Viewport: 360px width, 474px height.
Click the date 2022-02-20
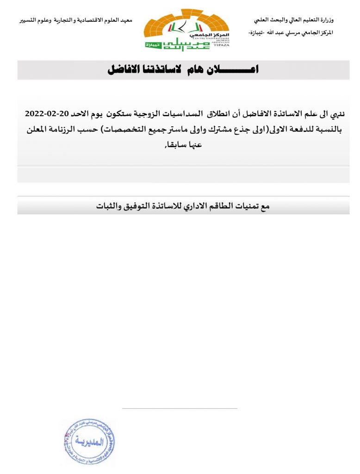click(x=47, y=113)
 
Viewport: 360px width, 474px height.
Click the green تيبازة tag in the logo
click(x=152, y=45)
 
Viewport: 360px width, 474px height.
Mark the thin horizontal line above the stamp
click(x=180, y=409)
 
